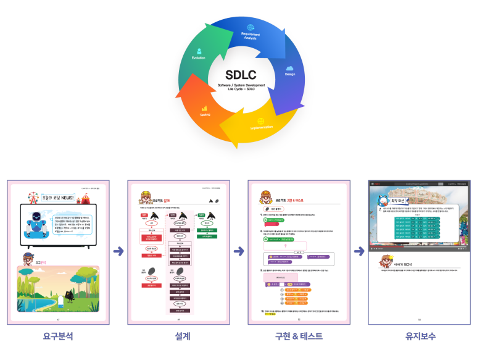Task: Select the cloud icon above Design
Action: pyautogui.click(x=289, y=68)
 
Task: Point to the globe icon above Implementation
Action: pyautogui.click(x=261, y=120)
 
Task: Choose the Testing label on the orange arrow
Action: pyautogui.click(x=205, y=115)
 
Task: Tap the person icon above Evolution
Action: pyautogui.click(x=199, y=50)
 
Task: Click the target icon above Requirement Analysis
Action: pyautogui.click(x=251, y=28)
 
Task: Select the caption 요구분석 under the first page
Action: pyautogui.click(x=58, y=337)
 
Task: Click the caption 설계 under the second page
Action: pyautogui.click(x=178, y=337)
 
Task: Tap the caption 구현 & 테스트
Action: pyautogui.click(x=299, y=337)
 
